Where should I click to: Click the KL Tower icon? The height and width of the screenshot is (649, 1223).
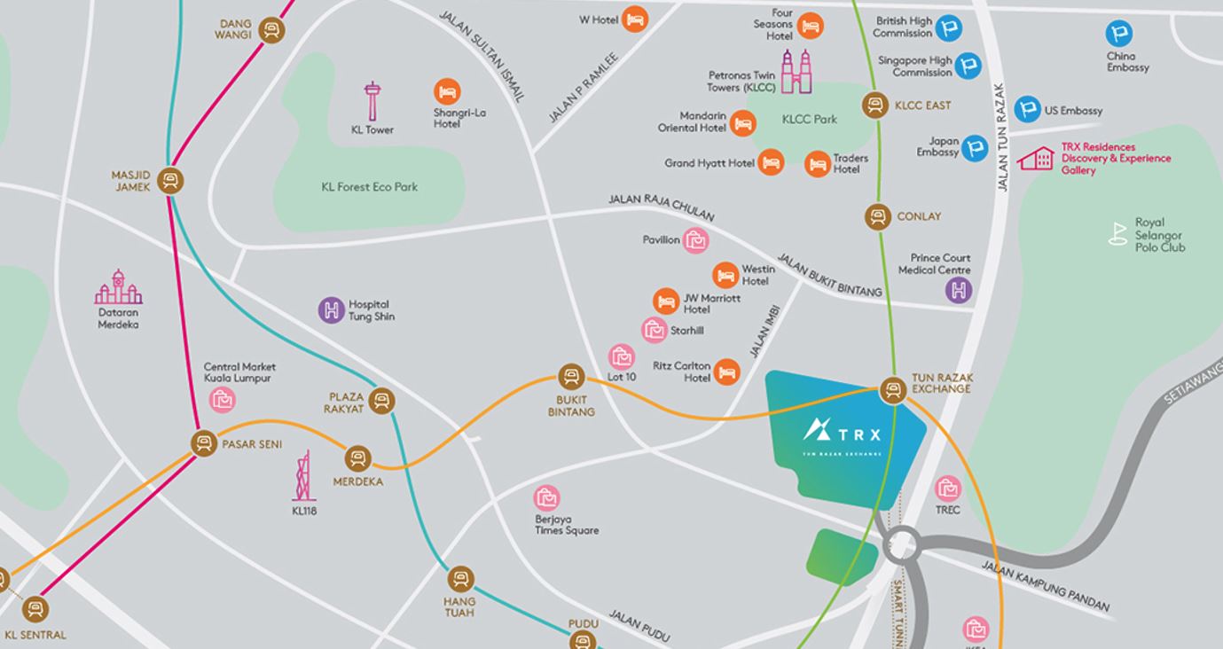(x=372, y=101)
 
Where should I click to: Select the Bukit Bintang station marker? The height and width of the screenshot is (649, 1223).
(x=570, y=377)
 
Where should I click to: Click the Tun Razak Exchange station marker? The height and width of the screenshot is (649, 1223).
(x=893, y=390)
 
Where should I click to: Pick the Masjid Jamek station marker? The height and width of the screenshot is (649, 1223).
(x=170, y=181)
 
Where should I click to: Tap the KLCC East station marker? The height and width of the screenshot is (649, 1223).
(x=876, y=106)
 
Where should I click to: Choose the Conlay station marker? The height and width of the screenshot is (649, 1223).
(x=877, y=216)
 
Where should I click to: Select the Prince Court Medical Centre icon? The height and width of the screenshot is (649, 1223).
(x=959, y=290)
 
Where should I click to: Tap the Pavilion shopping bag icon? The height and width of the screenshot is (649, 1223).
(x=696, y=240)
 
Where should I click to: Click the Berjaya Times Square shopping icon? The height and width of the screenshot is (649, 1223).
(x=546, y=498)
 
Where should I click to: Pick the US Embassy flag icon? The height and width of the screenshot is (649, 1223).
(x=1027, y=109)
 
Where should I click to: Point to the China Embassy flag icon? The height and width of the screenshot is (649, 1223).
(x=1119, y=35)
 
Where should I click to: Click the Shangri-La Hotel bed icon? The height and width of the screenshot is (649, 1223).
(x=447, y=91)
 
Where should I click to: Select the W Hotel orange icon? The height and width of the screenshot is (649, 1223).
(x=634, y=19)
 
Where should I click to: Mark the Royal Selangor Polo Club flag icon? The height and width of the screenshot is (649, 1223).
(x=1118, y=233)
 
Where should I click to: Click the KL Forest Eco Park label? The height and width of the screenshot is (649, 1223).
(x=369, y=187)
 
